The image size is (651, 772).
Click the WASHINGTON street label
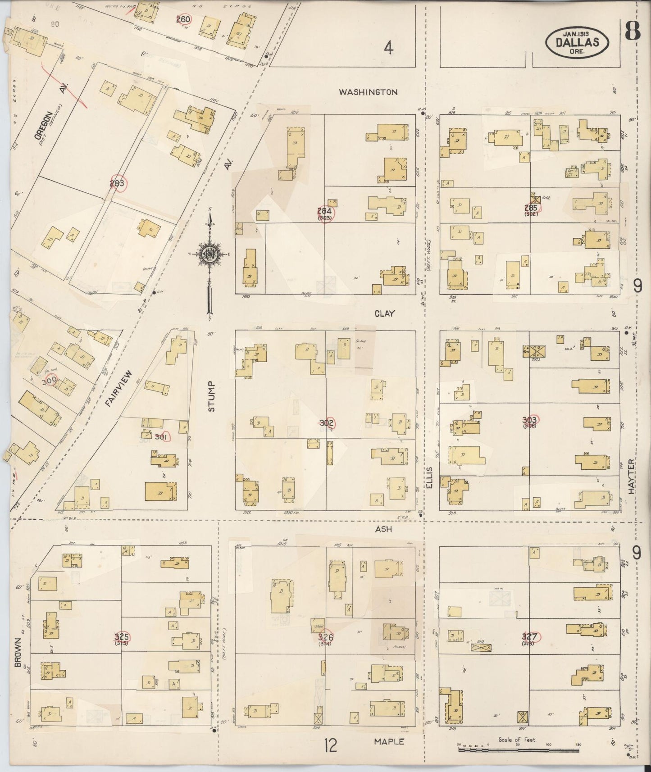[368, 92]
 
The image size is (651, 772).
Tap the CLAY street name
[384, 313]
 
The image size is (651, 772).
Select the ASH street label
[383, 529]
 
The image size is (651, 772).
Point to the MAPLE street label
[389, 741]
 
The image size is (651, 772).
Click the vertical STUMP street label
[212, 396]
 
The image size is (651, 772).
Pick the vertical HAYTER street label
[631, 477]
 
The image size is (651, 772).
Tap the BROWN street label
[18, 652]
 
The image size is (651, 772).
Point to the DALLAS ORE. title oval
[577, 43]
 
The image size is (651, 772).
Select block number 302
[327, 423]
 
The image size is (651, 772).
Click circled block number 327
[529, 636]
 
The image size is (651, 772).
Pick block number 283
[117, 183]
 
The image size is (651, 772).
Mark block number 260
[183, 19]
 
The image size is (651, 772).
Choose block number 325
[122, 636]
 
